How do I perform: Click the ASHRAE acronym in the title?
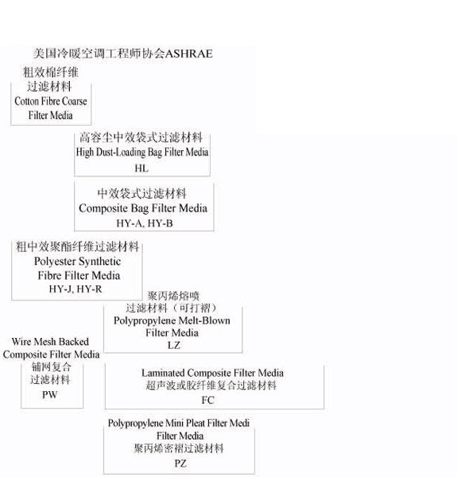[x=188, y=54]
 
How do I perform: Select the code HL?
[x=141, y=169]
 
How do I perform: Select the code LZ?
[x=174, y=345]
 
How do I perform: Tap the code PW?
[x=49, y=395]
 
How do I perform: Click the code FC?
[x=208, y=401]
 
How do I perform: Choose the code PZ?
[x=180, y=463]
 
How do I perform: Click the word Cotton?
[x=25, y=101]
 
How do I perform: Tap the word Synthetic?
[x=100, y=262]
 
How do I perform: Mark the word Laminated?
[x=163, y=374]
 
